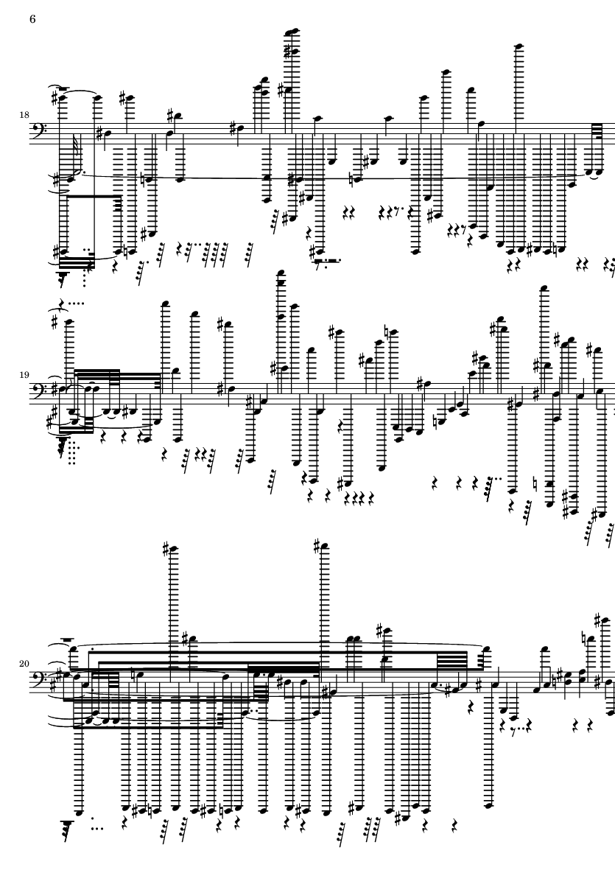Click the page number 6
(x=32, y=19)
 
